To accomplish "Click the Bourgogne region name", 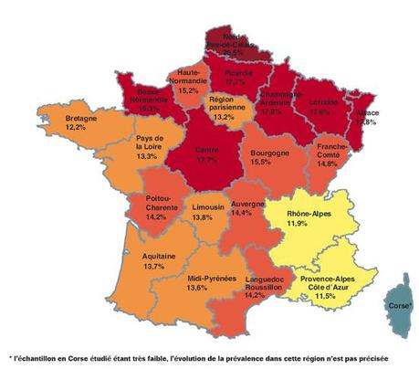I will (263, 153).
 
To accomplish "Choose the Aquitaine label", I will (159, 256).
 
